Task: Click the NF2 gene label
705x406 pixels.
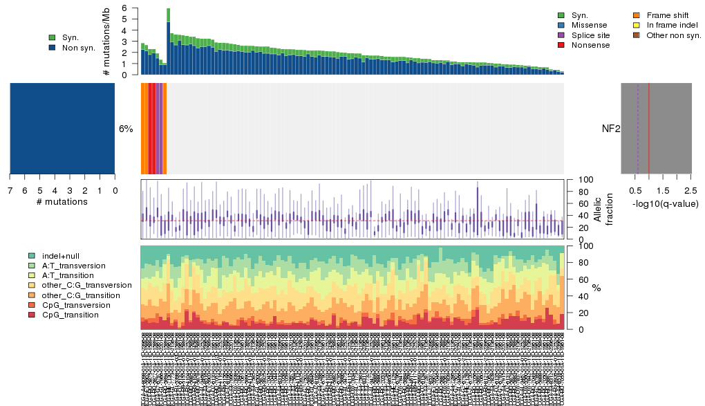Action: (x=610, y=129)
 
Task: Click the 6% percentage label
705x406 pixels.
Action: (x=126, y=129)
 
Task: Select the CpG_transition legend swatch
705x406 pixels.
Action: (x=32, y=315)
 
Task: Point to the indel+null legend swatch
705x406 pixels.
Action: (x=32, y=255)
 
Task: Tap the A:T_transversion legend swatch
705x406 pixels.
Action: (x=32, y=266)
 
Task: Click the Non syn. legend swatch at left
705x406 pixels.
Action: (x=52, y=48)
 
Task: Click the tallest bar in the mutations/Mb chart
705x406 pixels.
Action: (x=168, y=41)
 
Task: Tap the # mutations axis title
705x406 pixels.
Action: (x=62, y=202)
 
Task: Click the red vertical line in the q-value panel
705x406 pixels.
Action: (x=649, y=129)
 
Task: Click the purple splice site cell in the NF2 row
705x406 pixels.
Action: (x=159, y=129)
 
